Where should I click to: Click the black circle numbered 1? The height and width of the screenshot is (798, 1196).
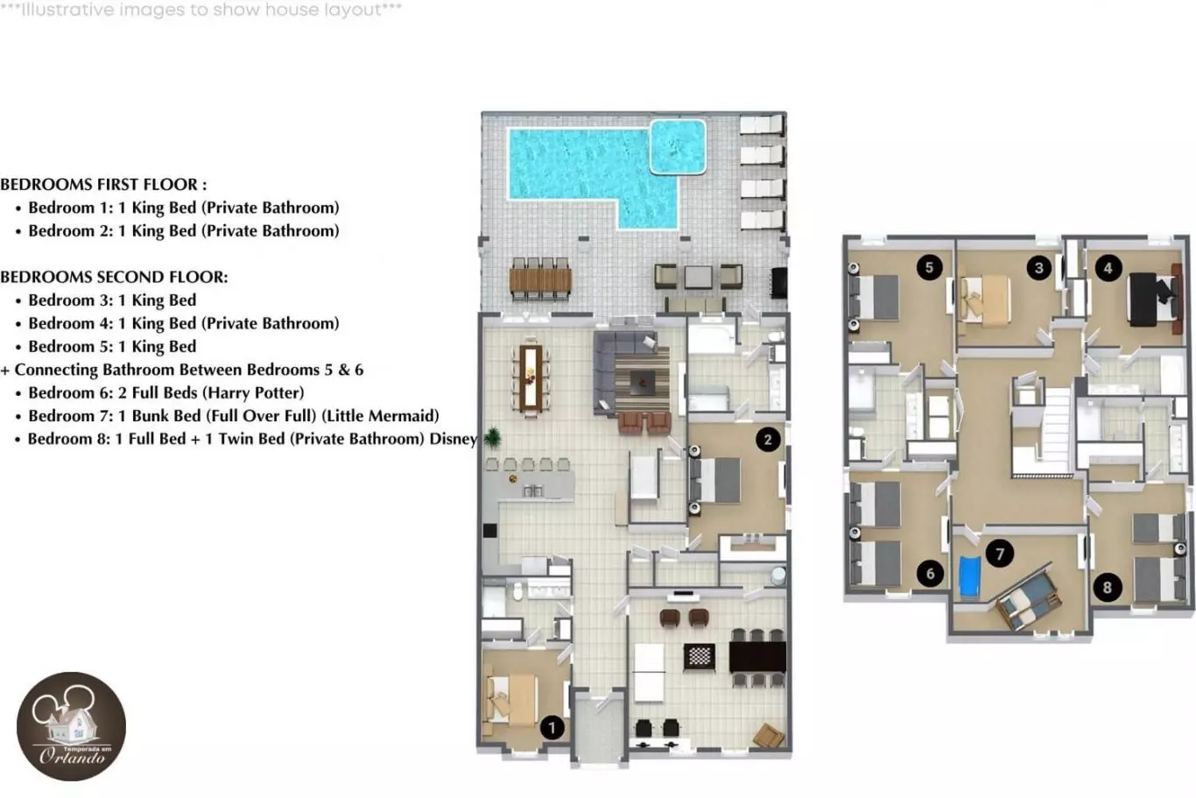click(552, 728)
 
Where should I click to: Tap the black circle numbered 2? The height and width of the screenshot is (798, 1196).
click(768, 440)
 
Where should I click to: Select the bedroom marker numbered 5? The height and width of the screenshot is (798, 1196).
click(929, 267)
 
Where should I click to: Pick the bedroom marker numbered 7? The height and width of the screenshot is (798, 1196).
click(1000, 554)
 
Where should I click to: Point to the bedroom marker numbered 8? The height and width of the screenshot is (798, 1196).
click(1108, 588)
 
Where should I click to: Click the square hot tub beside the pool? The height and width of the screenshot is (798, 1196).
click(678, 147)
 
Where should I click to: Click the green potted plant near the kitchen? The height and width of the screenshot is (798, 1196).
click(493, 437)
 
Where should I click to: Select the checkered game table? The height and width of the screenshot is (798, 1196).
click(700, 656)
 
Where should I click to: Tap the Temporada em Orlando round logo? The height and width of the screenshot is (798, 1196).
click(71, 726)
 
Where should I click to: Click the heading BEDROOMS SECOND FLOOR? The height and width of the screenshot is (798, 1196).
click(115, 277)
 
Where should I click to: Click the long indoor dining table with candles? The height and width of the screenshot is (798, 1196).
click(531, 378)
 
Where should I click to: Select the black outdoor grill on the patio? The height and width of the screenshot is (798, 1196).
click(779, 282)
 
